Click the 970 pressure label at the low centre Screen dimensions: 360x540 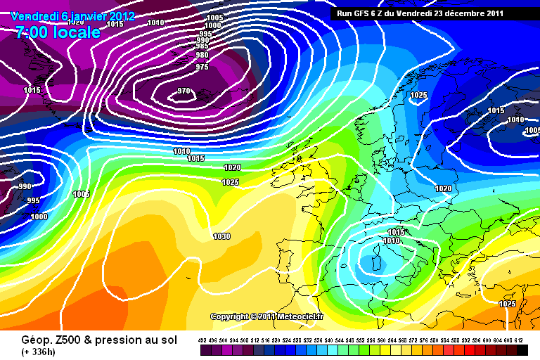[x=184, y=91]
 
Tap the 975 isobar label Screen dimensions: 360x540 [x=202, y=67]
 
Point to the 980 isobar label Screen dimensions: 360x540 [x=202, y=55]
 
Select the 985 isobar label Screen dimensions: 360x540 [x=202, y=46]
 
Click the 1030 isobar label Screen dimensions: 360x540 [x=221, y=236]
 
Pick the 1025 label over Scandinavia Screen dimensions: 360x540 [x=418, y=95]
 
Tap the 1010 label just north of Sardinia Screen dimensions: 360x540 [x=392, y=241]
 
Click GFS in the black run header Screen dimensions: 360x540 [x=366, y=13]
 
